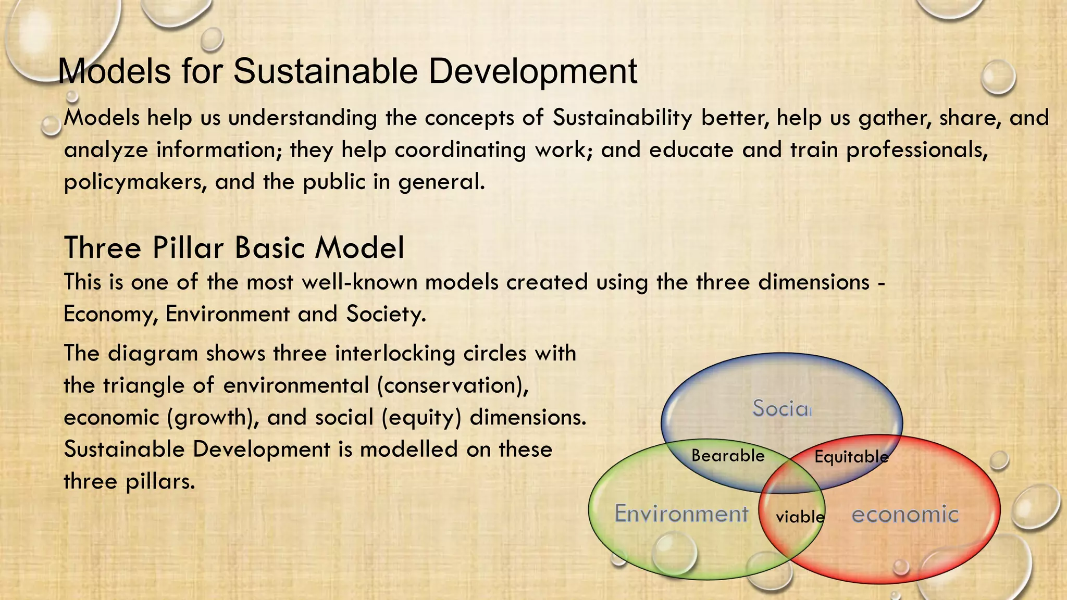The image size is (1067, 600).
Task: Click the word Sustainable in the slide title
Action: pyautogui.click(x=325, y=71)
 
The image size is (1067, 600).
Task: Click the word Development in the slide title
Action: pyautogui.click(x=532, y=71)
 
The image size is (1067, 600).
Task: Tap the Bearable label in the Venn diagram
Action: pyautogui.click(x=728, y=456)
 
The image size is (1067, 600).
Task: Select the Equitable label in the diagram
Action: pyautogui.click(x=851, y=457)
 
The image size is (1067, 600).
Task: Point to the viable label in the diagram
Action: pyautogui.click(x=800, y=517)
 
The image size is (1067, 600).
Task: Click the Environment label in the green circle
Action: pyautogui.click(x=681, y=514)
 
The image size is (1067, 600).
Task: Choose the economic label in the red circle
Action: pyautogui.click(x=905, y=515)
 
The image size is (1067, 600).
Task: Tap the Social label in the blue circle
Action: pyautogui.click(x=781, y=408)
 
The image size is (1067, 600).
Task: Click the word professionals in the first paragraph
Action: pyautogui.click(x=917, y=151)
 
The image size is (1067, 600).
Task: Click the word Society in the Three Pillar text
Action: pyautogui.click(x=386, y=314)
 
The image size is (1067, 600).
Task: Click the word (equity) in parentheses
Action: pyautogui.click(x=421, y=418)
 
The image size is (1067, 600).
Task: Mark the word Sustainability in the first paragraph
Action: pyautogui.click(x=622, y=118)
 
